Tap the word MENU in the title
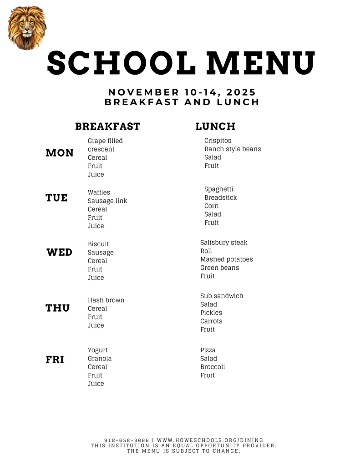(260, 63)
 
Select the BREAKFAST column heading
(108, 127)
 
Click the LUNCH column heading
(215, 127)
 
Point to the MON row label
(60, 153)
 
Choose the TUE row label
(56, 198)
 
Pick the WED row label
(59, 252)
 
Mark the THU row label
(57, 308)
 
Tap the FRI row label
(55, 360)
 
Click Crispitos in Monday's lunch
(218, 141)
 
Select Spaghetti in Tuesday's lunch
(218, 189)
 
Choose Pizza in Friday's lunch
(208, 350)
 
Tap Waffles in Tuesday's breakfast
(99, 192)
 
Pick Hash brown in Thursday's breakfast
(106, 300)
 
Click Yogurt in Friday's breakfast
(97, 350)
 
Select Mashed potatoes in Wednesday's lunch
(226, 259)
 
